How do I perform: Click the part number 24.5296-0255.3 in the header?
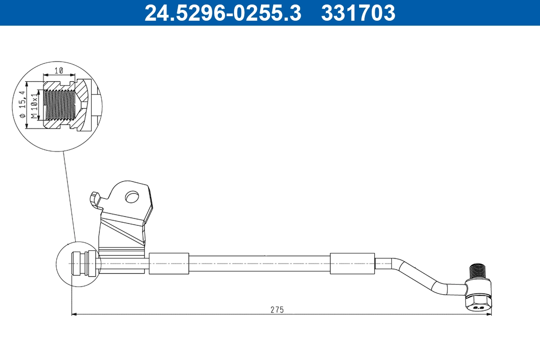222,13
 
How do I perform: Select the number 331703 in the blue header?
358,13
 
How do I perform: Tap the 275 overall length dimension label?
277,310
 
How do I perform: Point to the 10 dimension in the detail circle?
58,71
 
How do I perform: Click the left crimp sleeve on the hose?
169,263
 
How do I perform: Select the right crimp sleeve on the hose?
352,263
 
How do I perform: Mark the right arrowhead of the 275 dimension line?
489,314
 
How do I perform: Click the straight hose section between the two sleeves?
260,263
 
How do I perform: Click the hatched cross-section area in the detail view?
81,96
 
